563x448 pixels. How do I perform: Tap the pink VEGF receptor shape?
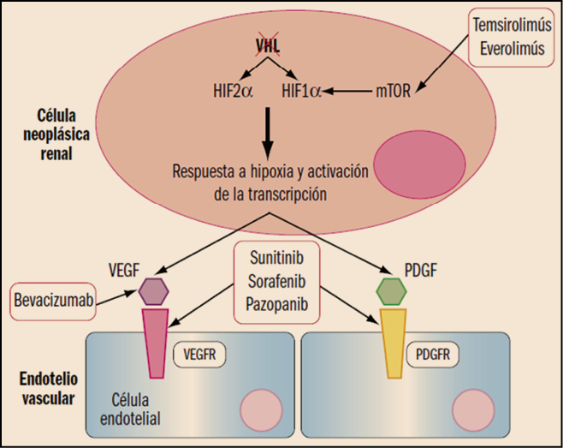click(x=155, y=342)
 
